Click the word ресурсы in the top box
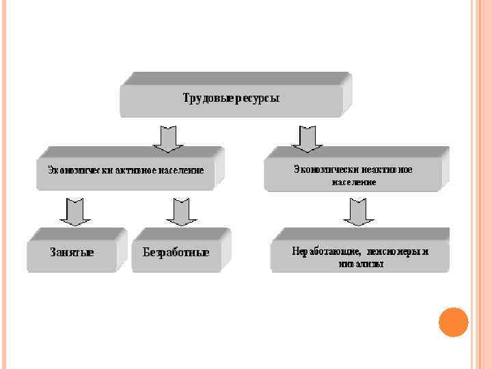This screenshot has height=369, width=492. pos(257,98)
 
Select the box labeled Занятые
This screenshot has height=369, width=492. pos(72,251)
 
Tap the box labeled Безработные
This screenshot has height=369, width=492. pos(176,252)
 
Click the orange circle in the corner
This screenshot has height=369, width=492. pos(452,322)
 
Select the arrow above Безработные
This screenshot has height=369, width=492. pos(182,212)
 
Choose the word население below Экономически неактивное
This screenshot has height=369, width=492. pos(354,182)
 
